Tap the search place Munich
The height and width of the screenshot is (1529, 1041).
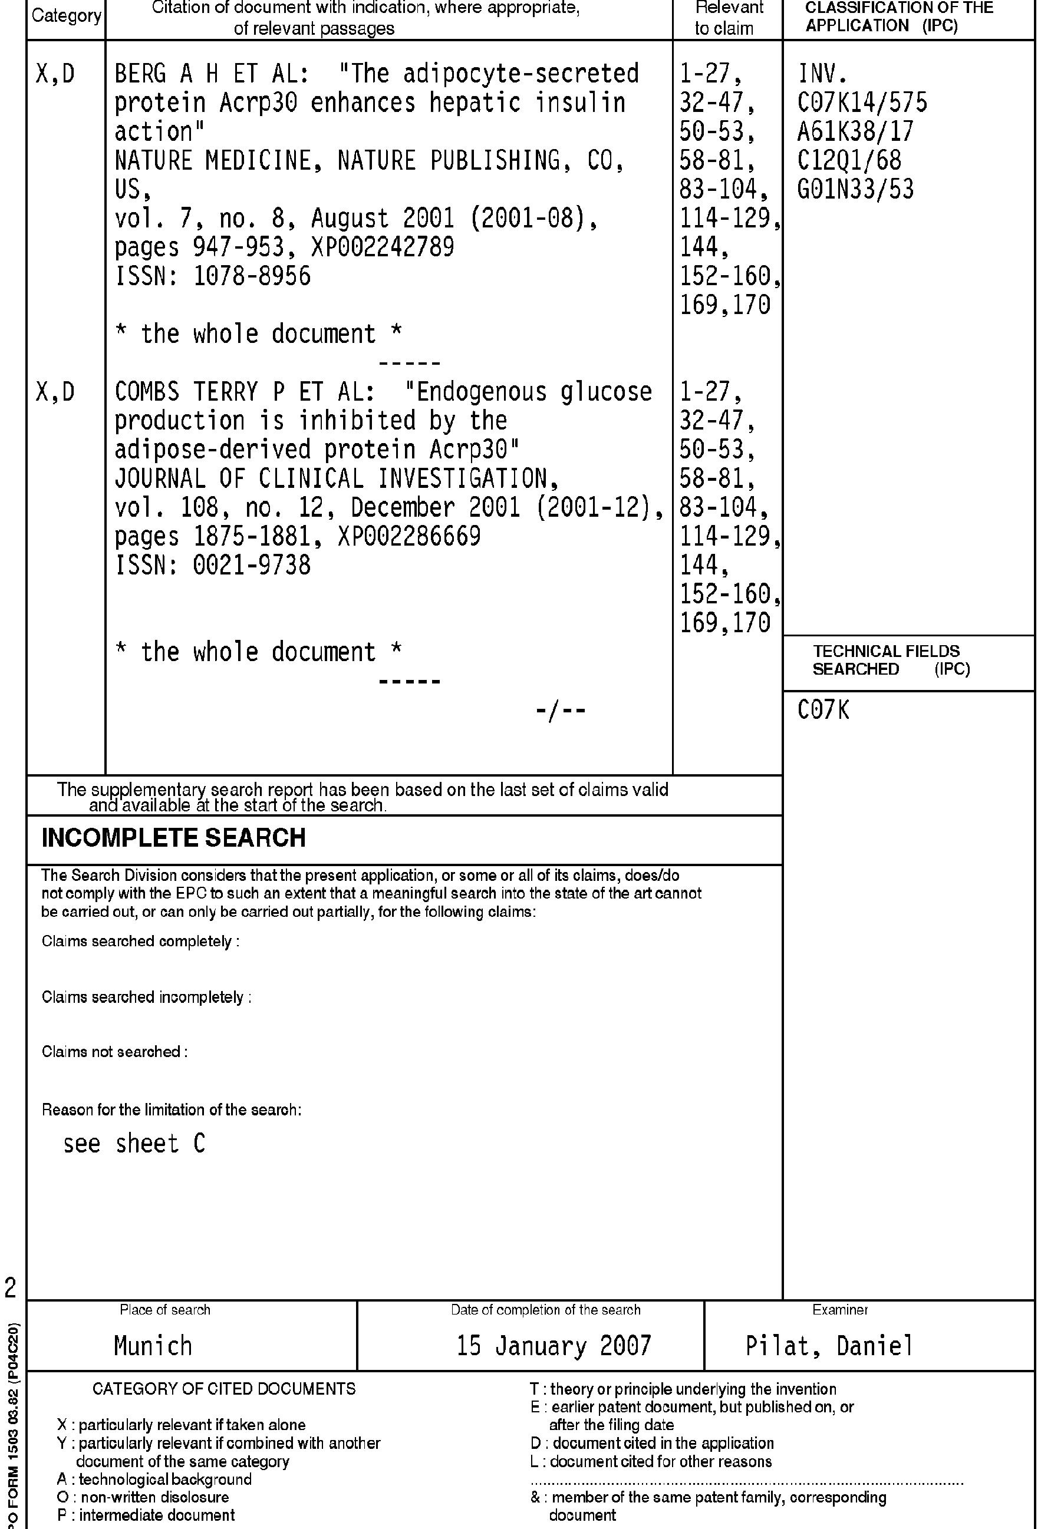coord(153,1346)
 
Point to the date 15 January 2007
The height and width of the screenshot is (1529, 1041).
coord(554,1346)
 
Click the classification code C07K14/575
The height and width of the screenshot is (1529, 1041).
coord(862,103)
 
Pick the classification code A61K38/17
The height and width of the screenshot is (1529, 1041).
coord(855,131)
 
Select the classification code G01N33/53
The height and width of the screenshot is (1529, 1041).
coord(855,190)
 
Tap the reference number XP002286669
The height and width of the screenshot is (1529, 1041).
coord(409,536)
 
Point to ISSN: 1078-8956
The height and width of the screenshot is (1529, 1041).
coord(213,276)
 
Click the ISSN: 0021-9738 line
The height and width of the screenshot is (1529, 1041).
coord(213,565)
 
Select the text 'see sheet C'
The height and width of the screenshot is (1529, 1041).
coord(134,1144)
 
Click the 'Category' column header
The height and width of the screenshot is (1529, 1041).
coord(67,16)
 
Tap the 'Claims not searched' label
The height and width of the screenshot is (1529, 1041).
coord(114,1051)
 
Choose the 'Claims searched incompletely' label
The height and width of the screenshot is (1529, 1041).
coord(146,998)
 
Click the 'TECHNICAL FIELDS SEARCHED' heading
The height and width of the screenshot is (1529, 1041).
coord(886,660)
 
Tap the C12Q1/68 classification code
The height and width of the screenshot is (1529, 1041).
coord(849,160)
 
